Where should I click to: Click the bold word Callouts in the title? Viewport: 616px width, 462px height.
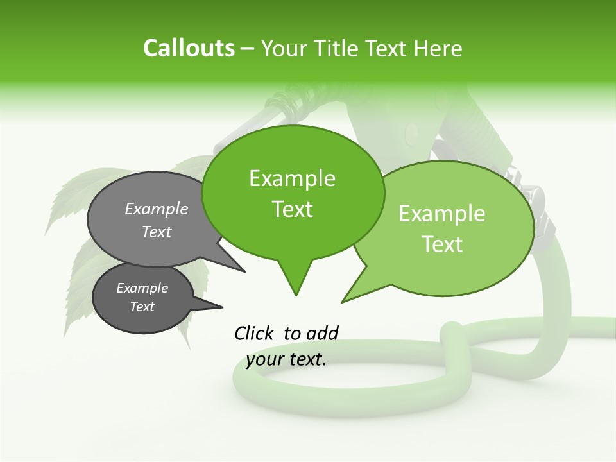(x=189, y=49)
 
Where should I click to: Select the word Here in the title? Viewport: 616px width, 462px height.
(x=438, y=49)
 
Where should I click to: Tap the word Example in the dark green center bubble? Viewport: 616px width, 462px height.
(x=292, y=178)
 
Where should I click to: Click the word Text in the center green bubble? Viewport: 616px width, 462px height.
(x=292, y=209)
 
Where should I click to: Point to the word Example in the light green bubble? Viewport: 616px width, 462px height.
(x=442, y=214)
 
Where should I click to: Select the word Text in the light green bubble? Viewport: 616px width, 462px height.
(x=442, y=244)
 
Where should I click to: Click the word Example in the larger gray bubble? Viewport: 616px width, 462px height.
(x=157, y=209)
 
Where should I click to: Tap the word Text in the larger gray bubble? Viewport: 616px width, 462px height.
(x=157, y=232)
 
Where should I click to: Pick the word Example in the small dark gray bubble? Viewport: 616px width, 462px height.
(x=142, y=288)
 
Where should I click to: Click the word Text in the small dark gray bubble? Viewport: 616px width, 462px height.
(x=142, y=307)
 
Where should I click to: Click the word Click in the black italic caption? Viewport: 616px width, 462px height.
(x=255, y=333)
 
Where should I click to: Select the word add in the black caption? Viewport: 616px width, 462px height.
(x=322, y=333)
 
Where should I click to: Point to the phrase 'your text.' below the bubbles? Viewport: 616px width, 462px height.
(x=286, y=359)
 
